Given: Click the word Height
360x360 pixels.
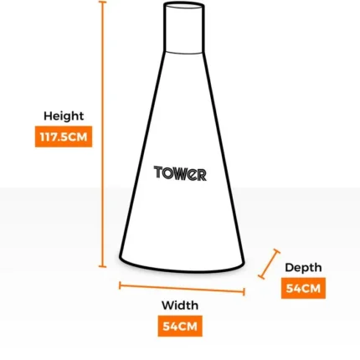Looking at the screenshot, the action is pyautogui.click(x=64, y=116).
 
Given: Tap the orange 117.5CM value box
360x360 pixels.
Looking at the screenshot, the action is pyautogui.click(x=64, y=136).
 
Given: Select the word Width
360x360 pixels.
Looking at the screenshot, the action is pyautogui.click(x=180, y=306).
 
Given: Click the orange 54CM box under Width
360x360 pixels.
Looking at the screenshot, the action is pyautogui.click(x=180, y=326).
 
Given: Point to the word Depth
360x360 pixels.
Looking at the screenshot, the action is pyautogui.click(x=303, y=268).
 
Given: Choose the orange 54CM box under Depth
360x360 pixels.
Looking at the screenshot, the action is pyautogui.click(x=303, y=288).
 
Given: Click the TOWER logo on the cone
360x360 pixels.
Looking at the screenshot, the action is pyautogui.click(x=180, y=173).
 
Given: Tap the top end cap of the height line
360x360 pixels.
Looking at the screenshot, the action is pyautogui.click(x=102, y=2).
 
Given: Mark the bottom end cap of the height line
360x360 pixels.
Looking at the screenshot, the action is pyautogui.click(x=102, y=266).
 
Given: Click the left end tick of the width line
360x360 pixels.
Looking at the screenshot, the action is pyautogui.click(x=120, y=285).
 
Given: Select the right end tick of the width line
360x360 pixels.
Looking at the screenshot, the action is pyautogui.click(x=244, y=292).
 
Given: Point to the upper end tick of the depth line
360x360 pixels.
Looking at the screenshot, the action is pyautogui.click(x=276, y=251).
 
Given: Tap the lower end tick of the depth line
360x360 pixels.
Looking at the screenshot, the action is pyautogui.click(x=261, y=277).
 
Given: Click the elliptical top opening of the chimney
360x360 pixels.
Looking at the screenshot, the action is pyautogui.click(x=184, y=3).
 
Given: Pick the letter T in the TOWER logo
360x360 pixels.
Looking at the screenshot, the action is pyautogui.click(x=158, y=172).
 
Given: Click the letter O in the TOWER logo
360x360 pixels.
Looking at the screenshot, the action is pyautogui.click(x=168, y=173).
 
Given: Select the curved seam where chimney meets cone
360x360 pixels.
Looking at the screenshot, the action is pyautogui.click(x=183, y=53).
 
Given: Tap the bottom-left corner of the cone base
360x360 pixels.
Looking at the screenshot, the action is pyautogui.click(x=121, y=257).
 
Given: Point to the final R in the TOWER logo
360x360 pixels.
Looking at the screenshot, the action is pyautogui.click(x=202, y=175).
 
